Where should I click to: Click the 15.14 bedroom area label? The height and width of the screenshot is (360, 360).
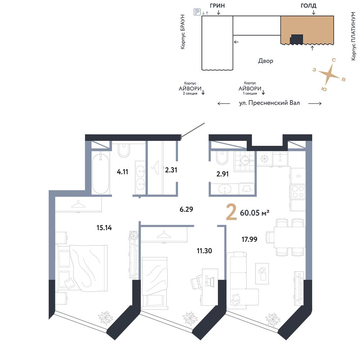pyautogui.click(x=104, y=228)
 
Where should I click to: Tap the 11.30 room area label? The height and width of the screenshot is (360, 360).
pyautogui.click(x=204, y=251)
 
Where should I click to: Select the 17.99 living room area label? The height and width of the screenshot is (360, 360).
pyautogui.click(x=249, y=239)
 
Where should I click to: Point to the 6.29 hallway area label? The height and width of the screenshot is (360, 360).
pyautogui.click(x=186, y=209)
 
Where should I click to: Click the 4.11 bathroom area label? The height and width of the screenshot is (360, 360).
pyautogui.click(x=122, y=172)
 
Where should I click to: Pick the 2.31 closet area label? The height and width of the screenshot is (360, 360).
pyautogui.click(x=171, y=170)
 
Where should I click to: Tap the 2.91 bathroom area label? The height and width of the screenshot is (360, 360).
pyautogui.click(x=222, y=174)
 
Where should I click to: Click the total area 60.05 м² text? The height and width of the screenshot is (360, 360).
pyautogui.click(x=255, y=213)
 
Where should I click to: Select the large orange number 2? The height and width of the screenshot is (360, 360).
pyautogui.click(x=231, y=212)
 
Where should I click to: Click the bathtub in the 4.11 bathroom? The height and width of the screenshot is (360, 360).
pyautogui.click(x=100, y=174)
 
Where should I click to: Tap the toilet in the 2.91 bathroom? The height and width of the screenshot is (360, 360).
pyautogui.click(x=222, y=156)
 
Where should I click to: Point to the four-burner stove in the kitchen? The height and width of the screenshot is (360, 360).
pyautogui.click(x=298, y=192)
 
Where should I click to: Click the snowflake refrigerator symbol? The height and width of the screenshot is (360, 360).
pyautogui.click(x=264, y=158)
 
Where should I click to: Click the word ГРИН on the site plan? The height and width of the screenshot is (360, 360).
pyautogui.click(x=217, y=5)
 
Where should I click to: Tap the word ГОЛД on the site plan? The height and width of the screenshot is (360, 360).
pyautogui.click(x=309, y=5)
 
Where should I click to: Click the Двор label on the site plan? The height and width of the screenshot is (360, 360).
pyautogui.click(x=266, y=61)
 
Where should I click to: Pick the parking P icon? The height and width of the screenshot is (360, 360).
pyautogui.click(x=197, y=12)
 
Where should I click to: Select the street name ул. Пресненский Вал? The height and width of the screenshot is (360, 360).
pyautogui.click(x=270, y=103)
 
